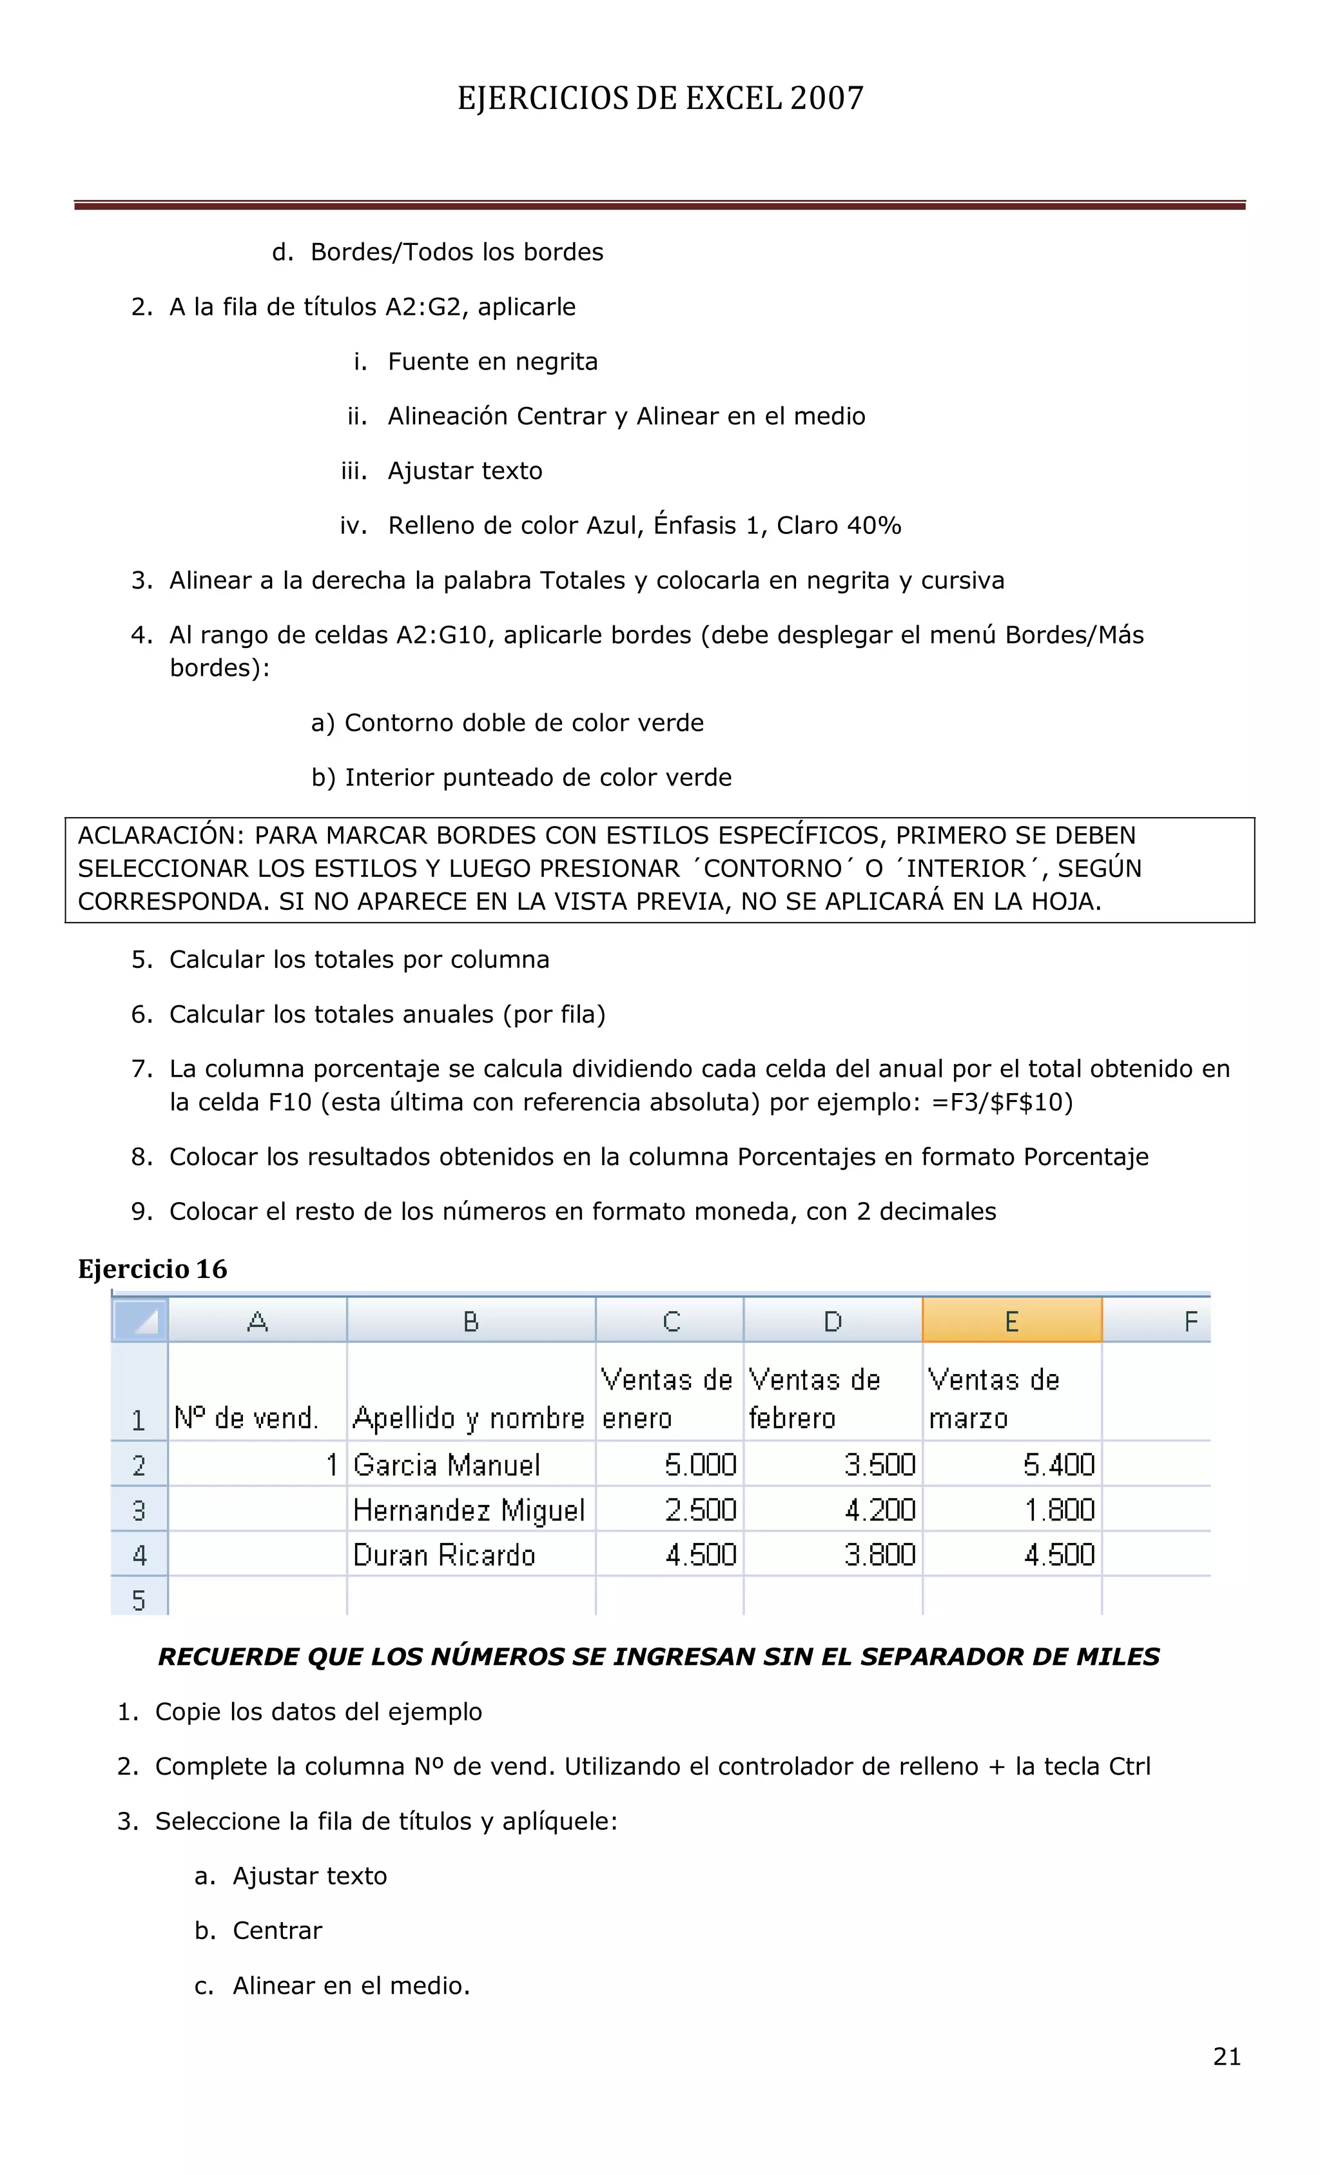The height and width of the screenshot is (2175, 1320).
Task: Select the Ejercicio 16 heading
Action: [153, 1268]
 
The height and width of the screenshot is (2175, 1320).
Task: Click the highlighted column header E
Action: [1011, 1321]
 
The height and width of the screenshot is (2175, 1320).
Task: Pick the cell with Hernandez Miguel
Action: [469, 1510]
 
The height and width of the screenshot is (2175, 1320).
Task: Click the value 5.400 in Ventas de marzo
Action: [1058, 1464]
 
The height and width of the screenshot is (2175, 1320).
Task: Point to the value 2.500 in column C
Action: [701, 1510]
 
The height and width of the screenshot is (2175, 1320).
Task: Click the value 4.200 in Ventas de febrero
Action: [880, 1510]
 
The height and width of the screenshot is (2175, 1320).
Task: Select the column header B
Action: [471, 1321]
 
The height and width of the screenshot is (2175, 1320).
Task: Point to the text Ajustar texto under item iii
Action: [465, 471]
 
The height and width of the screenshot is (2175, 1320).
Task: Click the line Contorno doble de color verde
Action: [523, 722]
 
